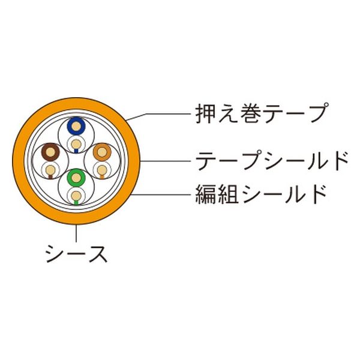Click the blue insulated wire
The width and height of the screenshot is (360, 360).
(x=76, y=126)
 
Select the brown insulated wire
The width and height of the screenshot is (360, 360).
(x=50, y=152)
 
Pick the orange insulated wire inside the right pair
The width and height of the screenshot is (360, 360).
(x=102, y=152)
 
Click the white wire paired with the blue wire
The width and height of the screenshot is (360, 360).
(x=76, y=144)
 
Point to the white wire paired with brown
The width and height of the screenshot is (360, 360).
(x=50, y=170)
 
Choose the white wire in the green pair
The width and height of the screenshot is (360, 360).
(x=76, y=196)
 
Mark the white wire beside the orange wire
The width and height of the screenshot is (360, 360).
(x=102, y=170)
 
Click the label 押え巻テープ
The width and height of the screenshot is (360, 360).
(x=261, y=113)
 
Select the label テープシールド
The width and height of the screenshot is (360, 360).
(x=272, y=161)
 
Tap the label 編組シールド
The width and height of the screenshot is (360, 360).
(x=261, y=194)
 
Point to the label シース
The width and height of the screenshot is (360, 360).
(x=76, y=254)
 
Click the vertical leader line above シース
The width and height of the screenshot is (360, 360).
(x=76, y=233)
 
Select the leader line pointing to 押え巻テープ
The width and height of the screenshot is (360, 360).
(x=158, y=115)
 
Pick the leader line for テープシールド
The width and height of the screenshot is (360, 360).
(x=166, y=161)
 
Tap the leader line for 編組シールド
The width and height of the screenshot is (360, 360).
(x=161, y=194)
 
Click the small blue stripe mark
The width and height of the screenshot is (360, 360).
(x=76, y=151)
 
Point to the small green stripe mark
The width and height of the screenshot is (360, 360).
(x=76, y=203)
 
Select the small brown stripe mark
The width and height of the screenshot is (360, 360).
(x=51, y=177)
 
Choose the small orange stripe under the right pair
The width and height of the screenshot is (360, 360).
(x=102, y=177)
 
